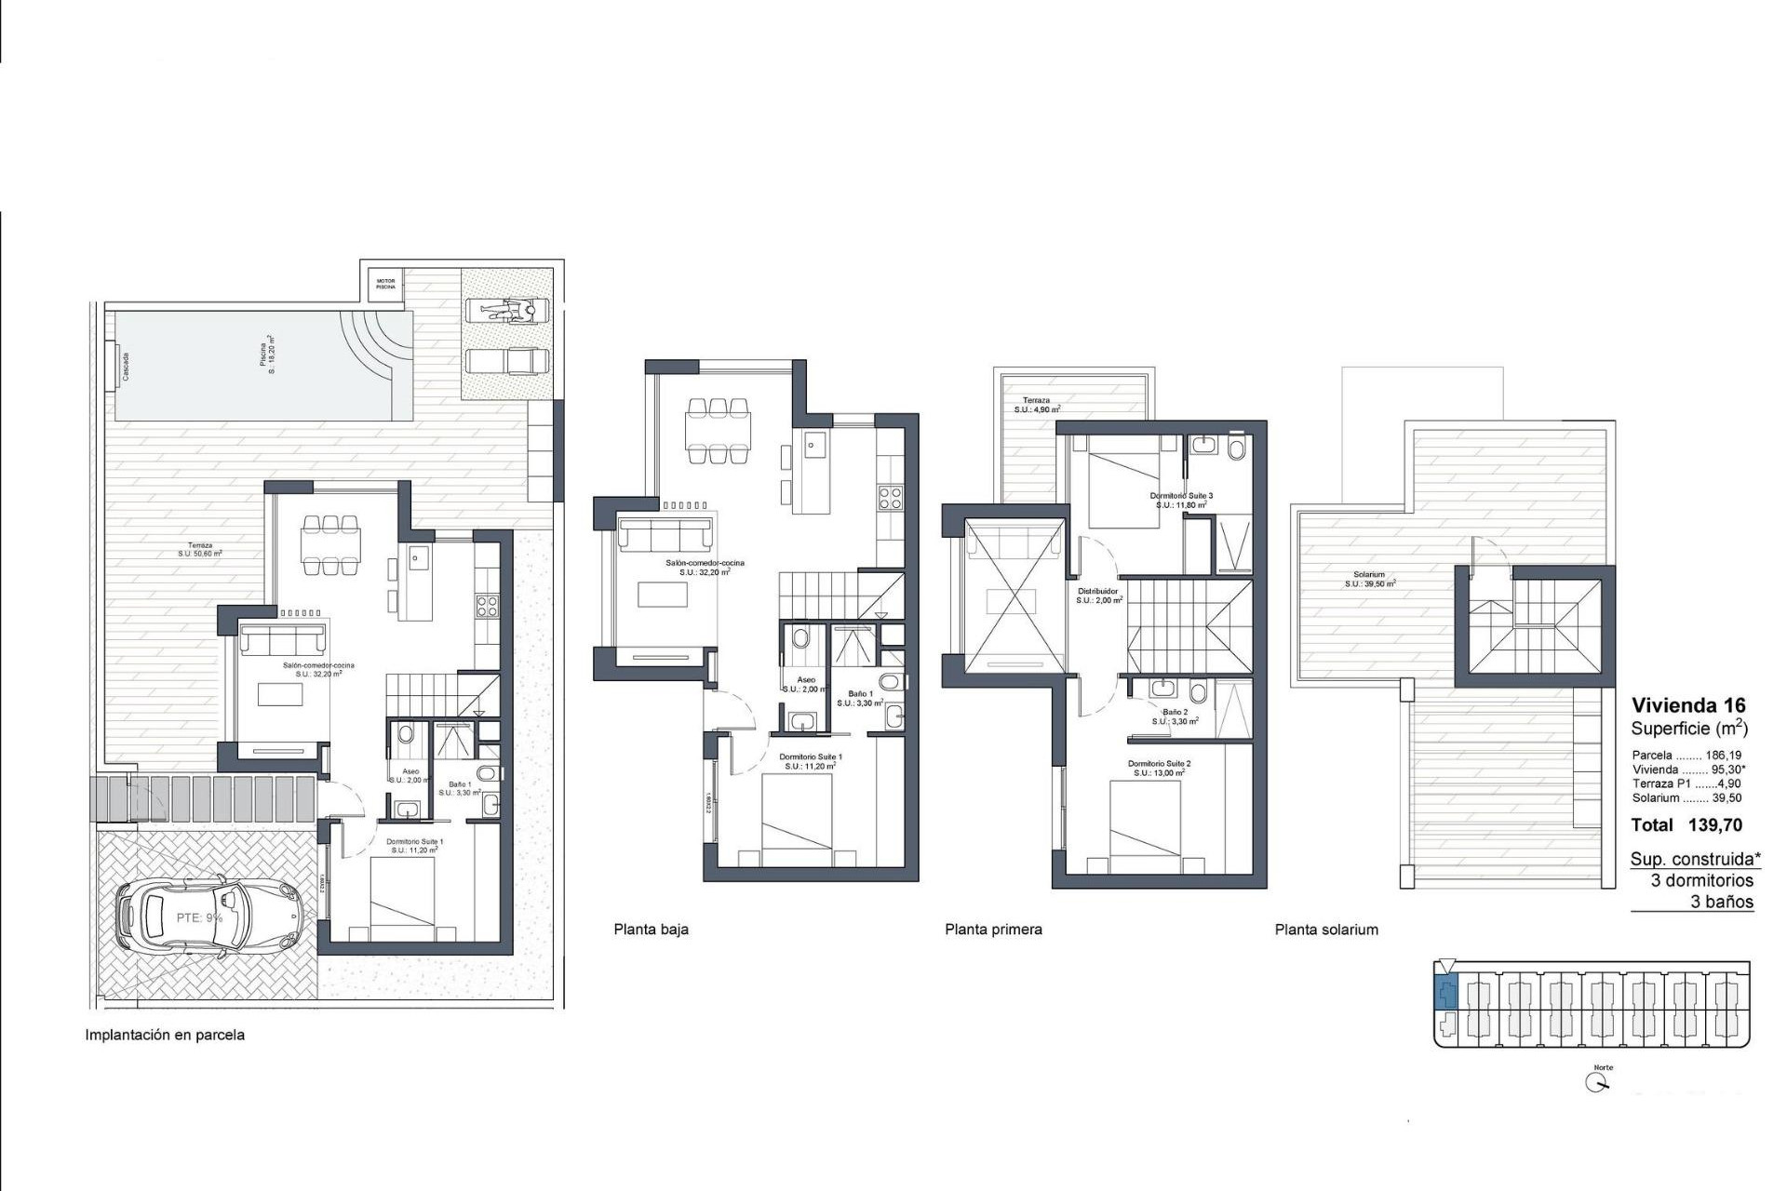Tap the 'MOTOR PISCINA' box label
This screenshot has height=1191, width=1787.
(x=385, y=284)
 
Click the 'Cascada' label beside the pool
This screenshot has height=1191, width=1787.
(x=126, y=367)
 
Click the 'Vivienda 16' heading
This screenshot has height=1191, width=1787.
(x=1688, y=705)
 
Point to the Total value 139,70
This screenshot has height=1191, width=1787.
(x=1714, y=825)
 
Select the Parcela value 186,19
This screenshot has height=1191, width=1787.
(x=1723, y=756)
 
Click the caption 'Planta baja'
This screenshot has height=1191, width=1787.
(x=651, y=929)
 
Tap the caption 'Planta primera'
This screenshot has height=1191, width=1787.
(x=993, y=929)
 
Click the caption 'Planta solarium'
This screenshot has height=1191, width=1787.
(x=1326, y=929)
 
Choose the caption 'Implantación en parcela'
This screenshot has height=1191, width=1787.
(x=165, y=1035)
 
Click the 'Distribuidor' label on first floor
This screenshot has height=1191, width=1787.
(x=1098, y=592)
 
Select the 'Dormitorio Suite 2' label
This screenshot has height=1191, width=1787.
(x=1159, y=764)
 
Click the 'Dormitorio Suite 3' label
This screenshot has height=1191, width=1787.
(x=1181, y=497)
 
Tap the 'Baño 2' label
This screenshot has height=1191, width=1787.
(x=1175, y=712)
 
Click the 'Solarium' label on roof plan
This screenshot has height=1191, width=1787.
(x=1369, y=575)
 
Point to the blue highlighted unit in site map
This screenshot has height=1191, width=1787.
(x=1445, y=995)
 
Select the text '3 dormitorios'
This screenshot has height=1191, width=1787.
(x=1701, y=880)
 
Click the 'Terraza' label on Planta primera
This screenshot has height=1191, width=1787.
(x=1036, y=400)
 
